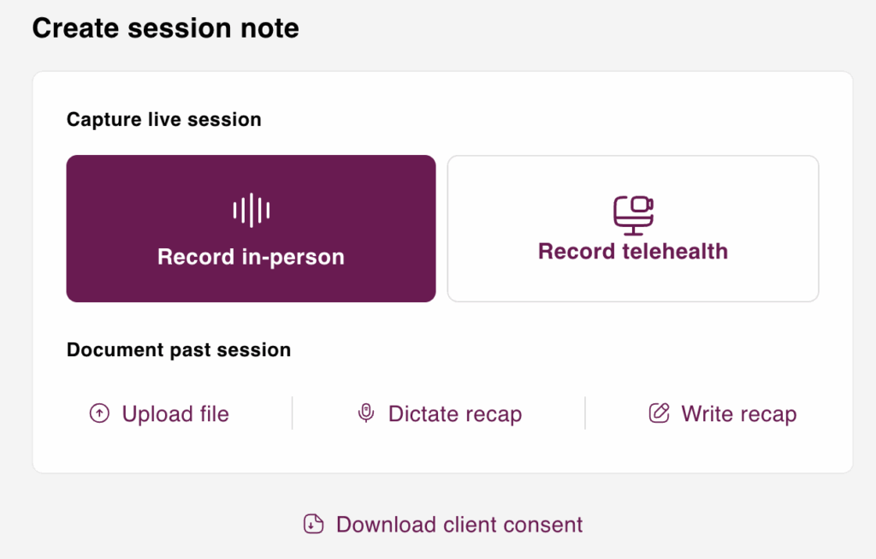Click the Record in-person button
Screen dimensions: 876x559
pos(251,229)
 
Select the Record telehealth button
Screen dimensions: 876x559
pos(633,229)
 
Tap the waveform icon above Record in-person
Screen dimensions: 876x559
pos(252,211)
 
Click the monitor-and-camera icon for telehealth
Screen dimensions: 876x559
pos(634,215)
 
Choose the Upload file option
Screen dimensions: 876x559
pos(159,413)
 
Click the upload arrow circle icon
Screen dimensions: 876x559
pos(99,413)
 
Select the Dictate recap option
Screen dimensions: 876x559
pos(439,413)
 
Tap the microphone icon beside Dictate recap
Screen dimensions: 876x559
pos(366,413)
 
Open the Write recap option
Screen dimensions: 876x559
pos(722,413)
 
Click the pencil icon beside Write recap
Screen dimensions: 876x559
pos(660,413)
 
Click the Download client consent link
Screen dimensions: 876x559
pos(443,525)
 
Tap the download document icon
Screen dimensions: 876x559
pos(313,525)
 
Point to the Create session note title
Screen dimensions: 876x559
pos(165,28)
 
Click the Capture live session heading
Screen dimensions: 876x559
pos(163,120)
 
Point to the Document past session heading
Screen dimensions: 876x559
pos(179,350)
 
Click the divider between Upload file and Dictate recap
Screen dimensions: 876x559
pos(293,413)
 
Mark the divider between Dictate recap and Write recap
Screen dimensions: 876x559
pos(585,413)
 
